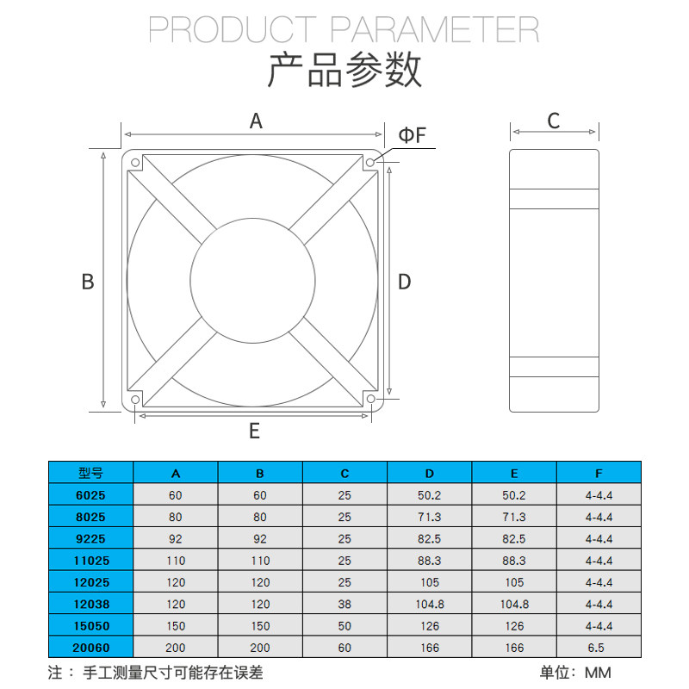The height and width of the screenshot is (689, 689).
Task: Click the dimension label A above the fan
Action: click(255, 121)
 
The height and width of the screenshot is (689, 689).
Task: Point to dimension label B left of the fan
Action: click(87, 282)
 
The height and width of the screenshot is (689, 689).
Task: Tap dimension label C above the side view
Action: click(554, 121)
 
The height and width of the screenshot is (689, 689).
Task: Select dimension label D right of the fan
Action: click(405, 282)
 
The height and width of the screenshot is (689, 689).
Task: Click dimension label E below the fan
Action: click(254, 431)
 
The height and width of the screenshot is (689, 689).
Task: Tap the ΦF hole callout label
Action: click(412, 135)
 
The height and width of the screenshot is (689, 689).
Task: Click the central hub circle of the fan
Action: click(252, 281)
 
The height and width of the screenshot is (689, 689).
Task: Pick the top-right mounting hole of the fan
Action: click(370, 163)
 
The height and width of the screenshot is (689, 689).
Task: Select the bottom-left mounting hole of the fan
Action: click(135, 400)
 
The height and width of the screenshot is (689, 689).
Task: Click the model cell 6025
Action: click(90, 495)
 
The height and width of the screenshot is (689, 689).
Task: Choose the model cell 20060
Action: click(90, 647)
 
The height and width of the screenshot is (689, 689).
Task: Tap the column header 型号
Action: click(90, 473)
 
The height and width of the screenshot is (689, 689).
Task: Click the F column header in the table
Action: click(599, 473)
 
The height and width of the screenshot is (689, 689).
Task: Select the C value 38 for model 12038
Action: click(344, 604)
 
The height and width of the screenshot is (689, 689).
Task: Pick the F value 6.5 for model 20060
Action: click(599, 647)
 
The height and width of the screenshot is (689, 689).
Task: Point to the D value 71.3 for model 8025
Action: click(429, 517)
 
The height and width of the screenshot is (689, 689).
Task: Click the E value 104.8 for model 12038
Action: click(514, 604)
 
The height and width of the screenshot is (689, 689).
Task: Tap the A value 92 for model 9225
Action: click(176, 538)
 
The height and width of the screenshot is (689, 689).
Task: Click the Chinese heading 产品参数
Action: click(344, 71)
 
